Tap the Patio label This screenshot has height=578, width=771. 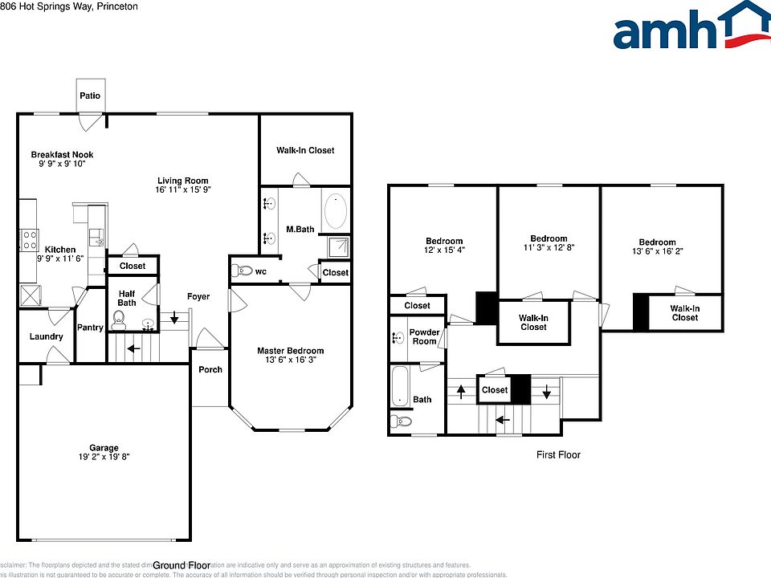tap(90, 96)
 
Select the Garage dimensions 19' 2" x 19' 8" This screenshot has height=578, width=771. tap(104, 457)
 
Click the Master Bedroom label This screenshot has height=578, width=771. tap(290, 351)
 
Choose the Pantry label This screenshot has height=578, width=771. tap(90, 328)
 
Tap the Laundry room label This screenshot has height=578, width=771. tap(46, 336)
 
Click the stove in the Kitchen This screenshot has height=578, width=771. tap(29, 240)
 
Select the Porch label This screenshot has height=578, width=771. tap(210, 369)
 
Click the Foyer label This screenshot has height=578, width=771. tap(198, 296)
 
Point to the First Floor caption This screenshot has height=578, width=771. tap(558, 455)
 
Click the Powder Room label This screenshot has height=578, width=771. tap(424, 336)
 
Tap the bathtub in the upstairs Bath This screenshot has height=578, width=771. tap(400, 388)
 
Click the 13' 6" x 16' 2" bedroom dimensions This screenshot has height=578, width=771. tap(657, 251)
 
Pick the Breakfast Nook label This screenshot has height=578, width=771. tap(62, 154)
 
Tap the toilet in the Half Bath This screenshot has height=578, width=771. tap(119, 324)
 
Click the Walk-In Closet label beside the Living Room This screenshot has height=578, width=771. tap(305, 150)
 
